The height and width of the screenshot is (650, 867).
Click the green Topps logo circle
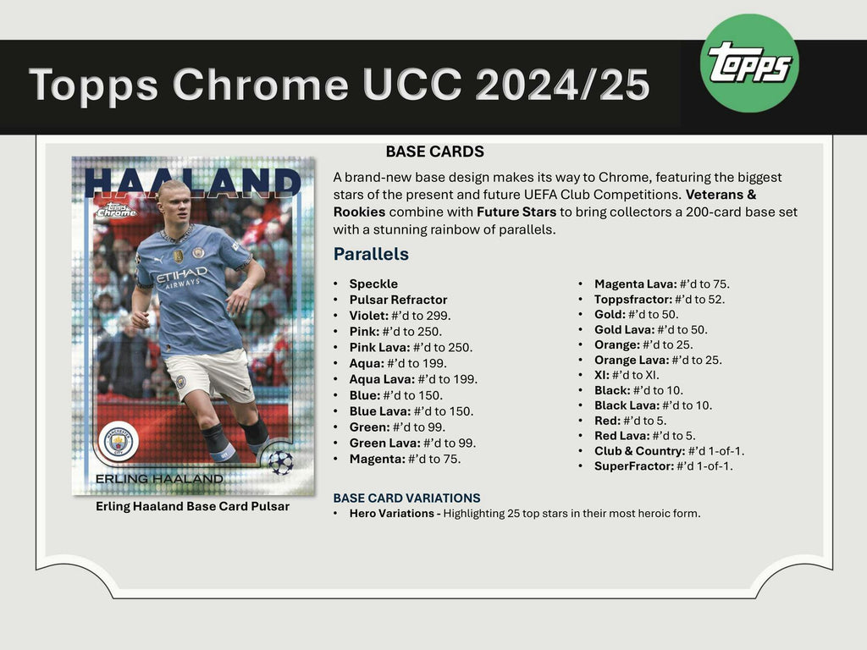pos(750,63)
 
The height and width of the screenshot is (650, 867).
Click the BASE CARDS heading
pos(434,152)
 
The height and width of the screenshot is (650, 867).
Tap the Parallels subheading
pos(371,254)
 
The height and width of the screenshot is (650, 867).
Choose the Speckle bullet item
pos(373,284)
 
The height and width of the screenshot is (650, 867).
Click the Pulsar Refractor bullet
pos(398,300)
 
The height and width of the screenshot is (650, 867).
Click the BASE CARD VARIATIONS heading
pos(406,498)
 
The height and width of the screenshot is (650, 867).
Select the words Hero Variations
pos(394,513)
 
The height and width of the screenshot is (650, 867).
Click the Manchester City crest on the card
pos(119,441)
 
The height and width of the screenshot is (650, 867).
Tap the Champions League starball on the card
pos(279,462)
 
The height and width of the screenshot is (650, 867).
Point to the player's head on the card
pos(174,201)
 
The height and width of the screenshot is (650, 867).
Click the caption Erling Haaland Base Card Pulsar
pos(192,506)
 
